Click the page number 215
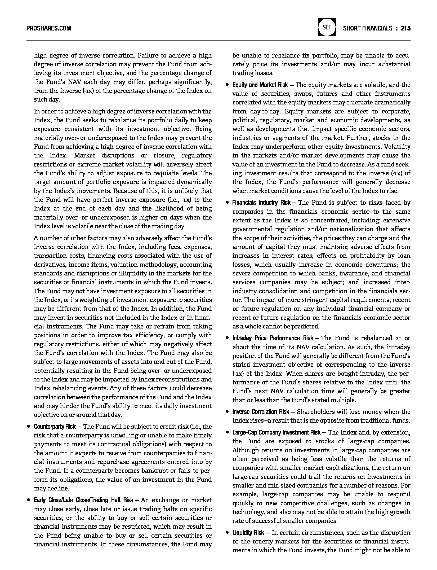(x=405, y=28)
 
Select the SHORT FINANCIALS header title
(x=367, y=28)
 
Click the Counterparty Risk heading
(x=55, y=427)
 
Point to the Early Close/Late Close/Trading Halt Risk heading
(x=83, y=500)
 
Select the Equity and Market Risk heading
(x=260, y=85)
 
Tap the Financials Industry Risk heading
(x=261, y=203)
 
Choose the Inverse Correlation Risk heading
(x=261, y=412)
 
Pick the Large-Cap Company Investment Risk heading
(x=276, y=432)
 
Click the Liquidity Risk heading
(x=248, y=533)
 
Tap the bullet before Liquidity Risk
(x=227, y=533)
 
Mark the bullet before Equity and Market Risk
(x=227, y=85)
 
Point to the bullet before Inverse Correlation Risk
(x=227, y=412)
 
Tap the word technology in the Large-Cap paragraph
(x=248, y=512)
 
